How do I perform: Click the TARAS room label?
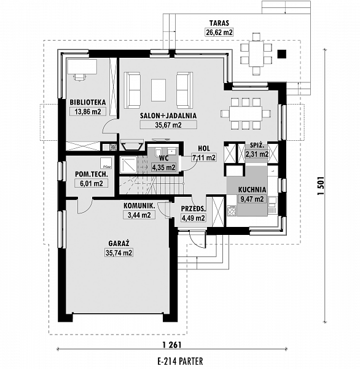coord(219,23)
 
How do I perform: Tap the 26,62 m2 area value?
coord(219,32)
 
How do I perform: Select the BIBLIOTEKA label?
coord(88,102)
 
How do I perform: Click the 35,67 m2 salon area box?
coord(168,125)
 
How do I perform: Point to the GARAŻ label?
coord(119,243)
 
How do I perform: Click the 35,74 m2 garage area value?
coord(119,253)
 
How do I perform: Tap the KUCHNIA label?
coord(252,189)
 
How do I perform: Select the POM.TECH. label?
coord(92,175)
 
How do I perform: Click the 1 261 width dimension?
coord(172,345)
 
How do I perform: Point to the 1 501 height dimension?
coord(321,186)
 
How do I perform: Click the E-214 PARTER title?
coord(181,361)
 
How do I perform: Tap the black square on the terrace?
coord(282,54)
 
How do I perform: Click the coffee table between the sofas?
coord(158,90)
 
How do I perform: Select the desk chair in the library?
coord(79,77)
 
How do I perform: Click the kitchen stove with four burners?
coord(232,210)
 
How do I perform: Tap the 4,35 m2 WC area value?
coord(163,167)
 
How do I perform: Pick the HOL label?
coord(204,148)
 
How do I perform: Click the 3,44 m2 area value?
coord(139,215)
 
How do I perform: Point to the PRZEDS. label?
coord(194,208)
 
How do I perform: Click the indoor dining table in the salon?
coord(246,114)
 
